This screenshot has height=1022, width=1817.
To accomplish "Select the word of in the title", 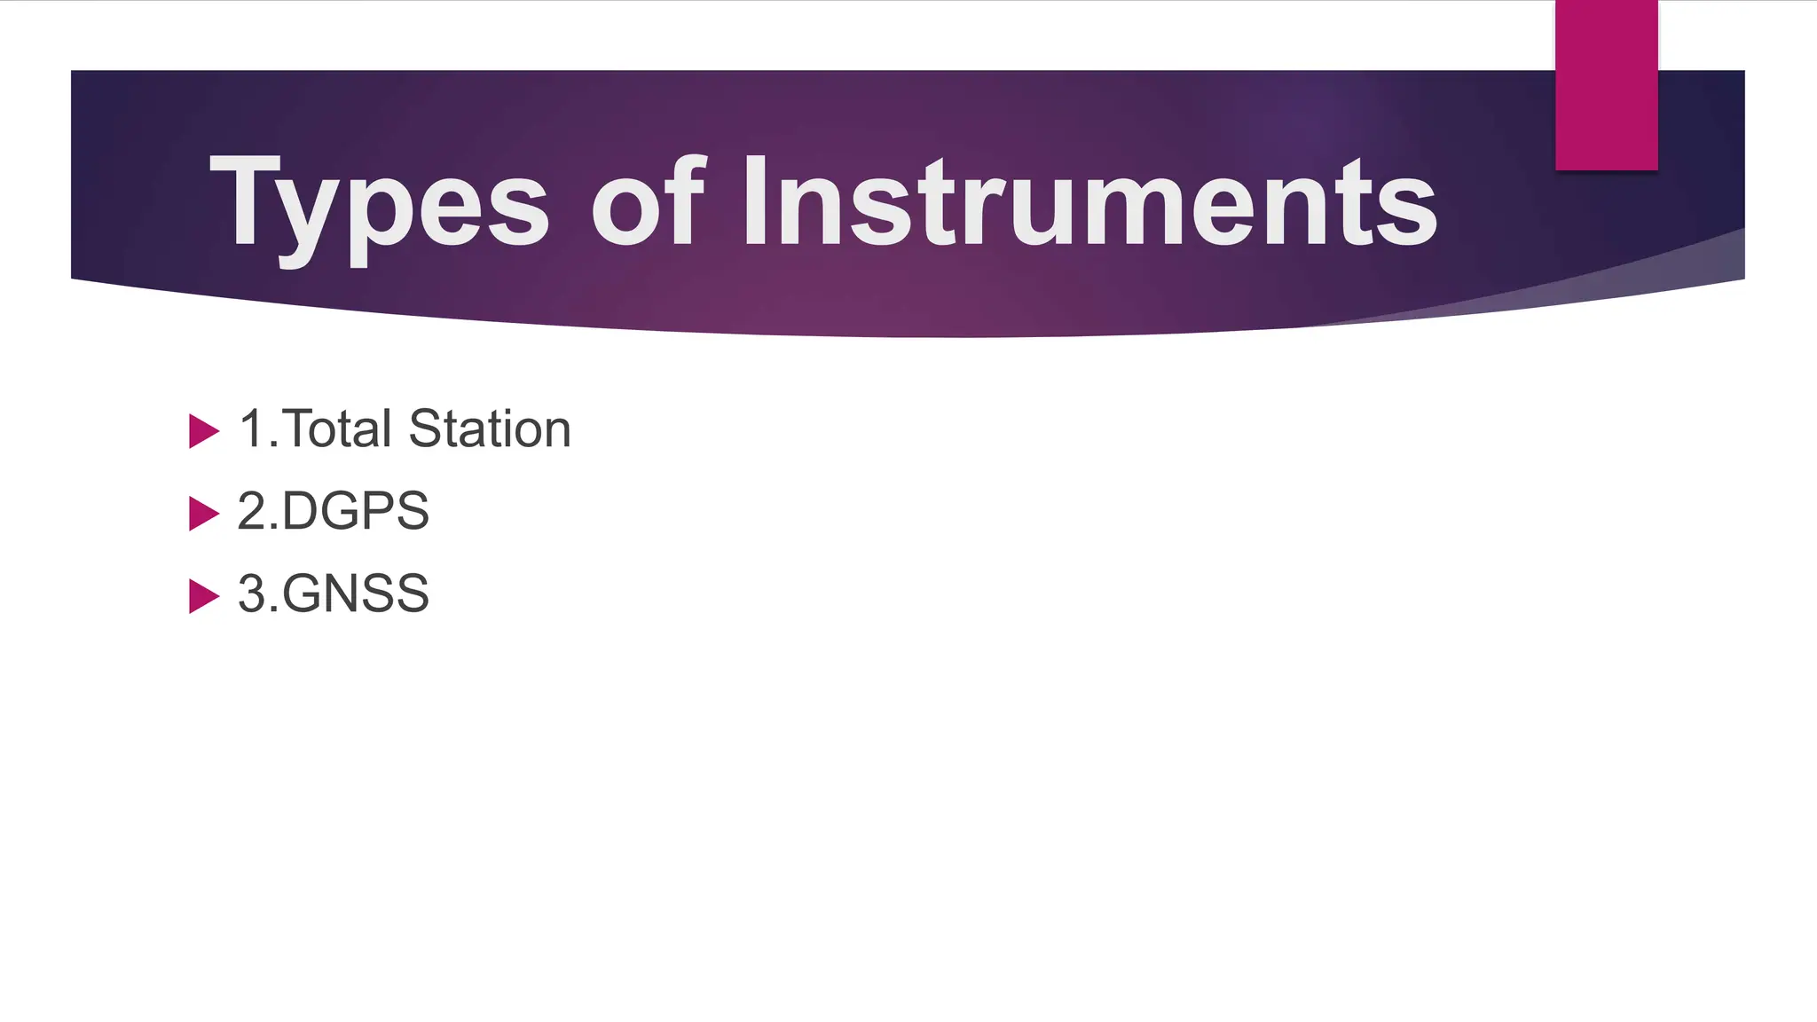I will [649, 202].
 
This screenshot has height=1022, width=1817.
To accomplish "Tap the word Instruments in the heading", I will [1089, 202].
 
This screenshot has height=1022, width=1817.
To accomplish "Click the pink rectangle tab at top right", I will [1606, 84].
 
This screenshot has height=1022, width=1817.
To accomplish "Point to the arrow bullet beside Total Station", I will [203, 431].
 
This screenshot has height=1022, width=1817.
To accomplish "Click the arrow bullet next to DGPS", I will [203, 514].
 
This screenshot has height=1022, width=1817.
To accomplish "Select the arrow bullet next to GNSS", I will [203, 596].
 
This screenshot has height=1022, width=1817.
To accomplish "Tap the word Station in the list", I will [490, 429].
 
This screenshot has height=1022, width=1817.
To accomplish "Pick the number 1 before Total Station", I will [252, 429].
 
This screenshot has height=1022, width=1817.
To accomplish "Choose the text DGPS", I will [356, 512].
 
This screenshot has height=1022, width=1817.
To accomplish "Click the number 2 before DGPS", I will [252, 512].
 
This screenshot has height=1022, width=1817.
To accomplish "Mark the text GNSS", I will [356, 594].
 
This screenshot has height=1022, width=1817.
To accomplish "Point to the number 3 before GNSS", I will [252, 594].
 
